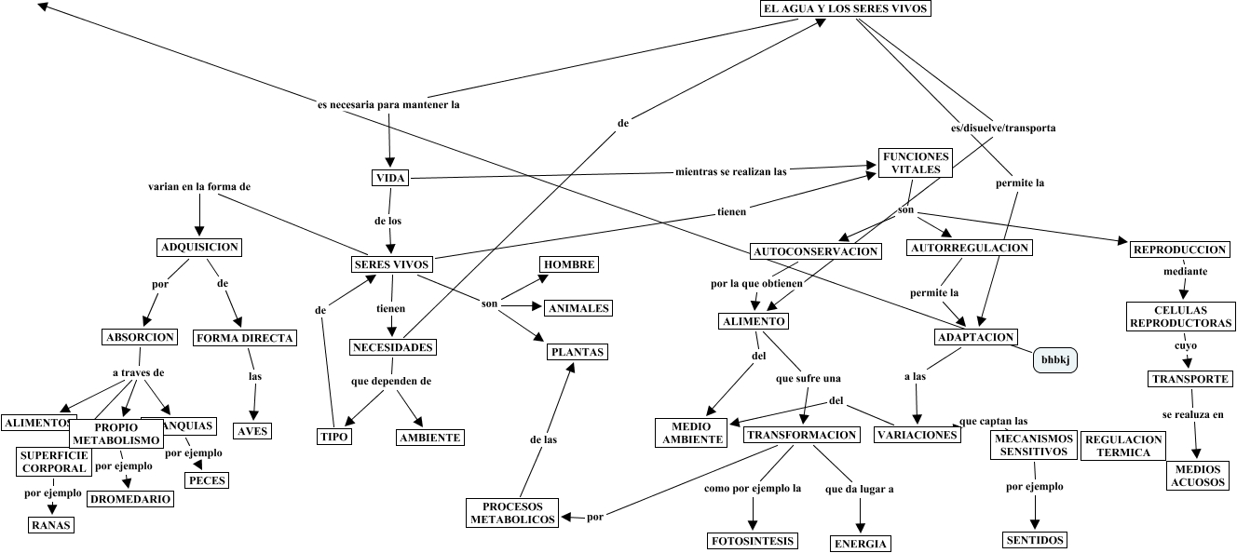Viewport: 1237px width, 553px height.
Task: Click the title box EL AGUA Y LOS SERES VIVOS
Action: [x=846, y=8]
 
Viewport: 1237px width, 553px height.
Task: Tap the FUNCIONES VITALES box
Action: [x=916, y=164]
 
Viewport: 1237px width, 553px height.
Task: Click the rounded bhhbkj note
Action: [x=1055, y=359]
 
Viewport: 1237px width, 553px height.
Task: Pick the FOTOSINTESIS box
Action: [x=752, y=541]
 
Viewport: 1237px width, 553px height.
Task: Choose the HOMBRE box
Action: [x=569, y=264]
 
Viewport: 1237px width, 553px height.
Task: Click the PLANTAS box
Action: [x=577, y=352]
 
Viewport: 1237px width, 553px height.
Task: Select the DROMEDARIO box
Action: [x=130, y=499]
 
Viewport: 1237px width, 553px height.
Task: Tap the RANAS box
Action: [x=50, y=525]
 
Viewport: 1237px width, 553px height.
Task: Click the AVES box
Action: [x=251, y=431]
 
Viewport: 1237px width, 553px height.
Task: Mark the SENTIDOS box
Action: [x=1035, y=540]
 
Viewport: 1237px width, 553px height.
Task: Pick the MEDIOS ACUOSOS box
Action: [x=1200, y=477]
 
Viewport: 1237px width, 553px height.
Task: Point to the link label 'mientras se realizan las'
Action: [x=731, y=171]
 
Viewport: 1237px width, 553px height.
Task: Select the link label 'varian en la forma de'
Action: [x=199, y=186]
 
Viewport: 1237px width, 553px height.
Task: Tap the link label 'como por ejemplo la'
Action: [x=752, y=488]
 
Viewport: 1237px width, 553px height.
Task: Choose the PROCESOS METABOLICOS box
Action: [x=512, y=513]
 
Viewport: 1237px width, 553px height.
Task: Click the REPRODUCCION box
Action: [x=1179, y=250]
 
